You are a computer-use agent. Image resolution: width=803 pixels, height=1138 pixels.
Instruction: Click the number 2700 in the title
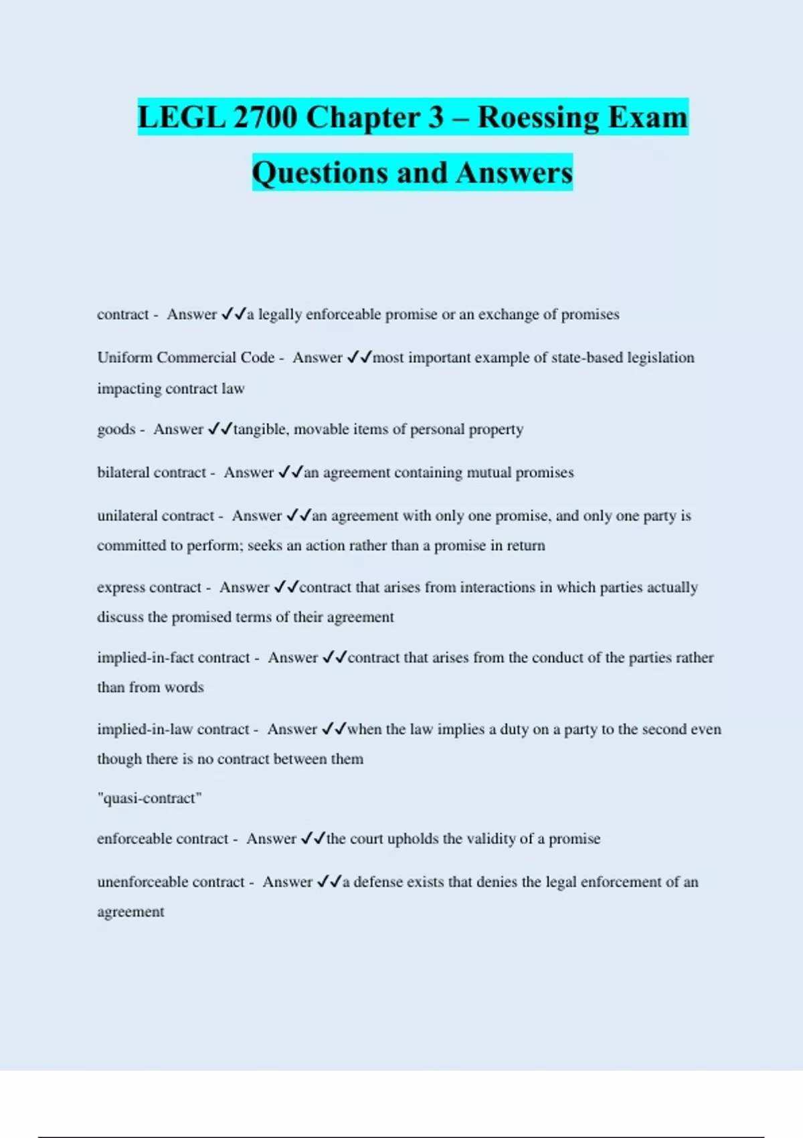[266, 117]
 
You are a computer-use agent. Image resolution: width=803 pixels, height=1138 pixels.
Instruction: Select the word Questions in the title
[319, 173]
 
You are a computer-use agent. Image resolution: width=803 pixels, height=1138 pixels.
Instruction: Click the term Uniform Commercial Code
[186, 357]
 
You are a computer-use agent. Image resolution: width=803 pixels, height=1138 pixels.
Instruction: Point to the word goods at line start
[116, 429]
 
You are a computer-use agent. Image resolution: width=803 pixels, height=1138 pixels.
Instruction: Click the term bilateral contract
[152, 473]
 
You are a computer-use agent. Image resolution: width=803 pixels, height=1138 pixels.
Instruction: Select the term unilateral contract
[156, 516]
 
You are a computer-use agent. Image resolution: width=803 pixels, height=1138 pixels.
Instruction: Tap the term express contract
[149, 588]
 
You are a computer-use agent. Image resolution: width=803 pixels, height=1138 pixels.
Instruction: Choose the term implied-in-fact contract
[173, 658]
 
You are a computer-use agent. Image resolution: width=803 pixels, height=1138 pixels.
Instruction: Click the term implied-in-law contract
[173, 730]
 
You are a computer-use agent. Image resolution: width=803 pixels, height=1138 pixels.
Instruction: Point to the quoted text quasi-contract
[149, 798]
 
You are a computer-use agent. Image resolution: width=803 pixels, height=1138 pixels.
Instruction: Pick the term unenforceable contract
[171, 882]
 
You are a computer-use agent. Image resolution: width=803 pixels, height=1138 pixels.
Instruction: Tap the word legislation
[660, 357]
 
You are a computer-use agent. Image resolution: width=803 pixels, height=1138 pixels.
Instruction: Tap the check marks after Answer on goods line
[219, 429]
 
